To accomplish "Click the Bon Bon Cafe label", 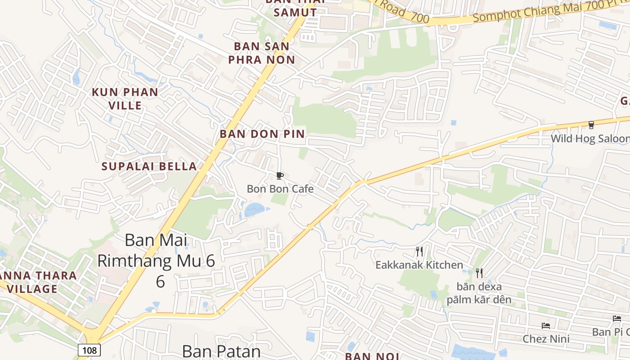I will (280, 189).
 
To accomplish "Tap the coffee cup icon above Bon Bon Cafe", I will (280, 175).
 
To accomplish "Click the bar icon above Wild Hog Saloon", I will (591, 125).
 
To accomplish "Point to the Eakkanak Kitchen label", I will (419, 265).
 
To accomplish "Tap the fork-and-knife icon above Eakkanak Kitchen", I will (419, 251).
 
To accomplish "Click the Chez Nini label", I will (546, 338).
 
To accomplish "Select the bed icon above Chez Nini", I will (546, 325).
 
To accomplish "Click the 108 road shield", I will (89, 350).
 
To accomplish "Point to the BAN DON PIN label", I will (262, 134).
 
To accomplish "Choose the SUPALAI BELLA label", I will (149, 166).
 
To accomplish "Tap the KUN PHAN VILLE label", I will (125, 99).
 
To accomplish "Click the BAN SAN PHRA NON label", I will (261, 53).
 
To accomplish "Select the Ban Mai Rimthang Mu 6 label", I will (156, 261).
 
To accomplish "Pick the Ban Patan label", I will (221, 351).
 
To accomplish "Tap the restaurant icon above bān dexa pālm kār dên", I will (479, 273).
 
